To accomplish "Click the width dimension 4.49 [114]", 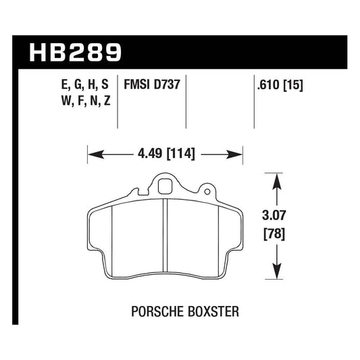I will coord(165,154).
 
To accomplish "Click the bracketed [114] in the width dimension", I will coord(180,154).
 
